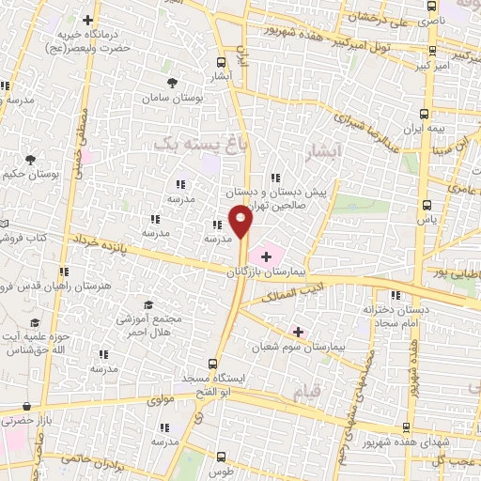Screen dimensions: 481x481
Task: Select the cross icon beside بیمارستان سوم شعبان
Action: click(x=299, y=331)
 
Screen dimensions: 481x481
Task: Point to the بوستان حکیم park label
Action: click(x=31, y=175)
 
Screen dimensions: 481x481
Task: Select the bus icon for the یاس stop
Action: click(x=427, y=204)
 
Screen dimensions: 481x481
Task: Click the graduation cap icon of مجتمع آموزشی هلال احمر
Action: click(x=147, y=305)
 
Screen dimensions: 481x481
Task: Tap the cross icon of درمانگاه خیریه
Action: click(x=87, y=19)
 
